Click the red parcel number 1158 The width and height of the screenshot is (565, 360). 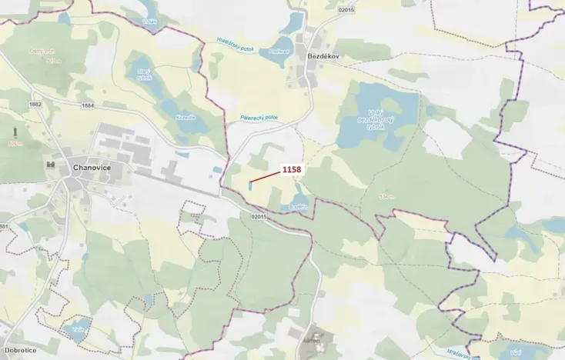(291, 168)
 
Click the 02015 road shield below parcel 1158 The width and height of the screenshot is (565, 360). (259, 217)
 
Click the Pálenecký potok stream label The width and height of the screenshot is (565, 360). (257, 119)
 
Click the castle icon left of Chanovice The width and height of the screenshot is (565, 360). (52, 165)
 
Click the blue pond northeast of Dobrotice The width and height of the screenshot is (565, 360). (77, 332)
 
